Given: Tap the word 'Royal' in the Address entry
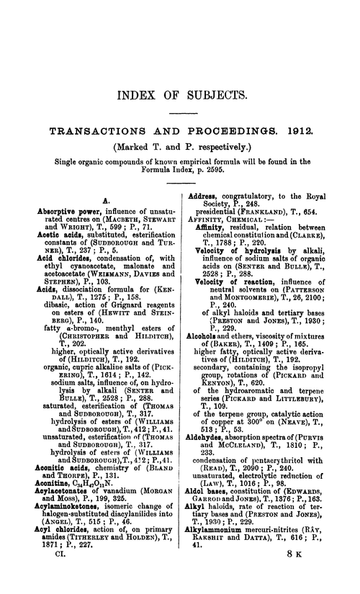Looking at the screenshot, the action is (329, 196).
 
